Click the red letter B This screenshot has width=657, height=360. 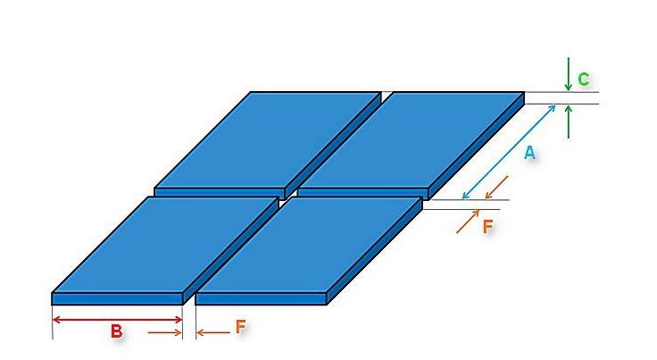click(116, 331)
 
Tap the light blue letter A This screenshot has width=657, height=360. click(529, 153)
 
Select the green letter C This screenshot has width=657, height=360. click(583, 79)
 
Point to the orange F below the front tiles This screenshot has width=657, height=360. click(240, 326)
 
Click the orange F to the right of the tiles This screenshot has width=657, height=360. click(487, 227)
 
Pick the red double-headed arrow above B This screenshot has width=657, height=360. click(117, 320)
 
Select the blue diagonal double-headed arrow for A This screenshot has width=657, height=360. click(509, 152)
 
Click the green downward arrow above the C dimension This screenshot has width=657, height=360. click(568, 74)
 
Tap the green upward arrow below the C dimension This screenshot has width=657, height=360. click(568, 121)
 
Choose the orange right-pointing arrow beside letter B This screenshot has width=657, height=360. click(165, 333)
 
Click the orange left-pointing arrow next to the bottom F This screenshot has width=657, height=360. click(213, 333)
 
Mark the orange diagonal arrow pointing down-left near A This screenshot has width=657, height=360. click(496, 188)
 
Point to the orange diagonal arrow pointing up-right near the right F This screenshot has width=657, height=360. click(468, 222)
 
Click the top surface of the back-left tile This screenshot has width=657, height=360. click(267, 140)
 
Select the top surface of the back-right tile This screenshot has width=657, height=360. click(411, 140)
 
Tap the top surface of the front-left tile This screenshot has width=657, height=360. click(165, 245)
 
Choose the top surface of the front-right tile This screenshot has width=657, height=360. click(309, 245)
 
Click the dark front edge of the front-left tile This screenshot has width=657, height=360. click(117, 299)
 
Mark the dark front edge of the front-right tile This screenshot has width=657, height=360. click(261, 299)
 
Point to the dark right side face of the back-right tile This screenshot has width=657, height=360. click(477, 147)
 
